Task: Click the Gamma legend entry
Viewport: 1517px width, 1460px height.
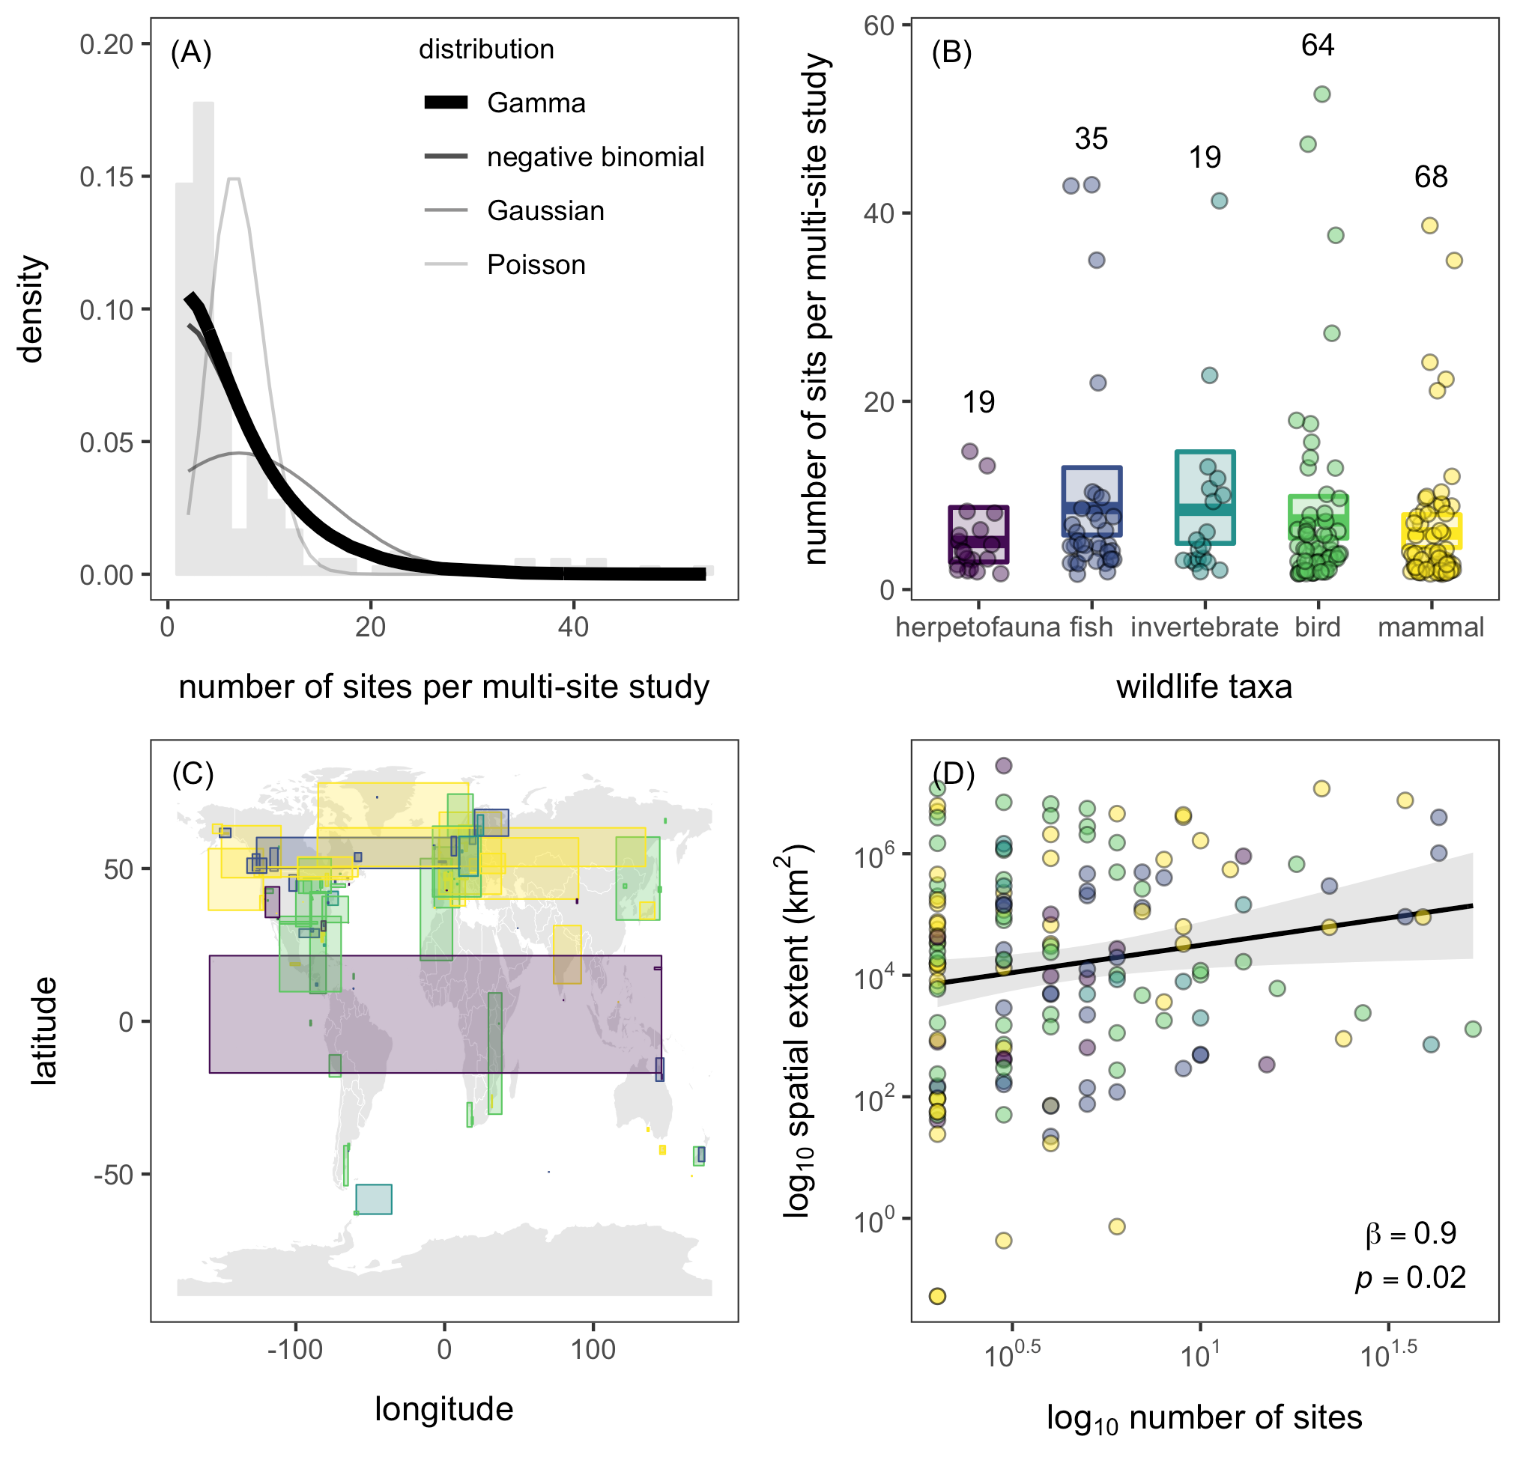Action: click(x=536, y=103)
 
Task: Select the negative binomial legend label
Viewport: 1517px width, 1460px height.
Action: click(x=596, y=157)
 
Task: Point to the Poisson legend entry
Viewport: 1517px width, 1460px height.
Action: click(x=536, y=264)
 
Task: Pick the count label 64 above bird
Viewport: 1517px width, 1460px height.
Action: click(x=1317, y=46)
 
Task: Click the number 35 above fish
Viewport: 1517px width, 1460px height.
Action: click(x=1091, y=139)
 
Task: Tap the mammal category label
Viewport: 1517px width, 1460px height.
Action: click(x=1430, y=627)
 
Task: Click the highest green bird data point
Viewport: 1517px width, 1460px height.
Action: click(x=1322, y=94)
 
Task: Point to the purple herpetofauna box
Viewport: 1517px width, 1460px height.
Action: click(x=978, y=535)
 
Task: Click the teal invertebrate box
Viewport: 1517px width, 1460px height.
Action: click(x=1205, y=497)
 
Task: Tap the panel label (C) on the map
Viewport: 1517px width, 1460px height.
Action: click(x=192, y=772)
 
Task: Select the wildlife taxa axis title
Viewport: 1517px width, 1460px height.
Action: click(x=1204, y=687)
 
